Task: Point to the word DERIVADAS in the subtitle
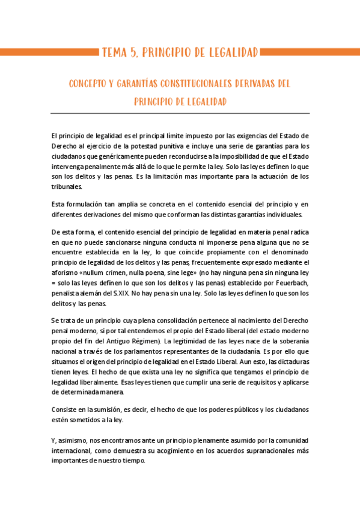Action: [259, 84]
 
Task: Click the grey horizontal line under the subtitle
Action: [180, 113]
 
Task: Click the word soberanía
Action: [291, 341]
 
